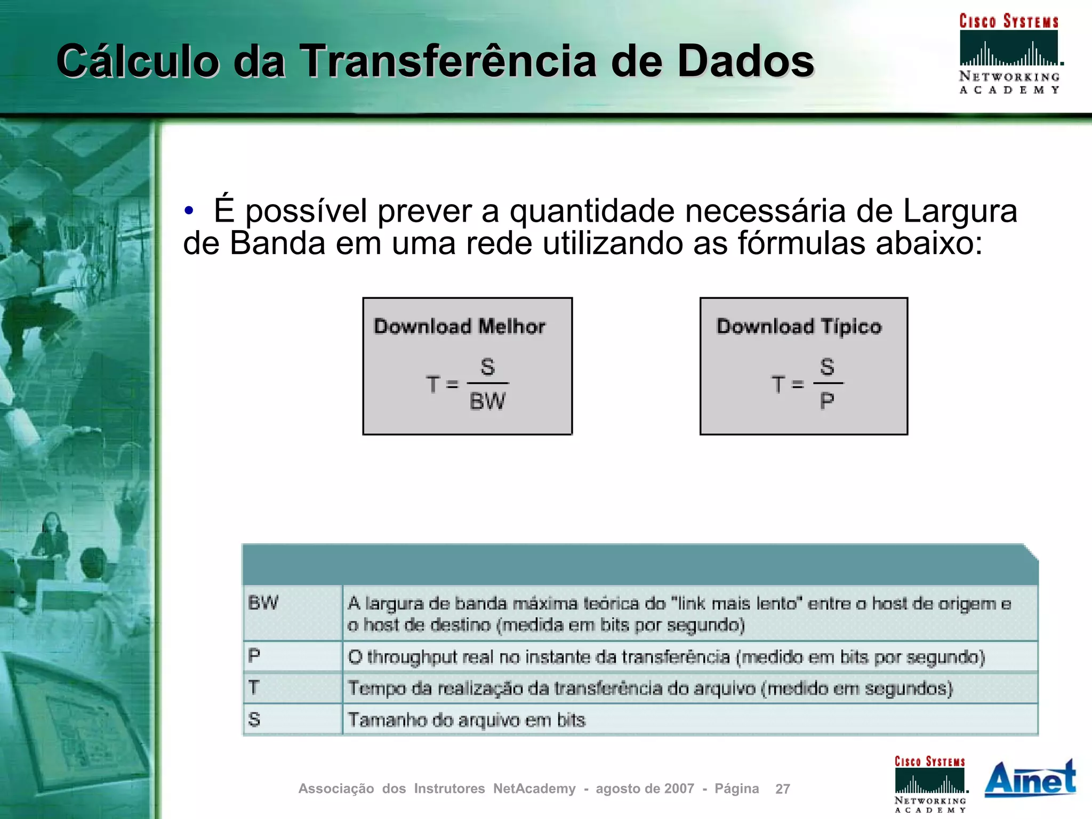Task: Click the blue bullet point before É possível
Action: pos(189,211)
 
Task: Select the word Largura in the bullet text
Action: pos(960,211)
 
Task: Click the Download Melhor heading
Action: pos(459,326)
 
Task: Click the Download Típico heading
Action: pos(799,326)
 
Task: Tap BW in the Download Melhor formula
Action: pos(487,401)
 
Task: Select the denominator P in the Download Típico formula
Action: pos(827,401)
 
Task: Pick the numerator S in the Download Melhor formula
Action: pos(487,367)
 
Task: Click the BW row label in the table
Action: pos(263,603)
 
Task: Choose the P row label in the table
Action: pos(254,655)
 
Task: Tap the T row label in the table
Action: pos(254,687)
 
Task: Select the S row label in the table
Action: pos(254,719)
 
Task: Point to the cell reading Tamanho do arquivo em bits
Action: pos(467,720)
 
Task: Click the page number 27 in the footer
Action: pos(782,789)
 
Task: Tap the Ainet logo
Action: pos(1030,779)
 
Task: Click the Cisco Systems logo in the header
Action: pos(1009,53)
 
